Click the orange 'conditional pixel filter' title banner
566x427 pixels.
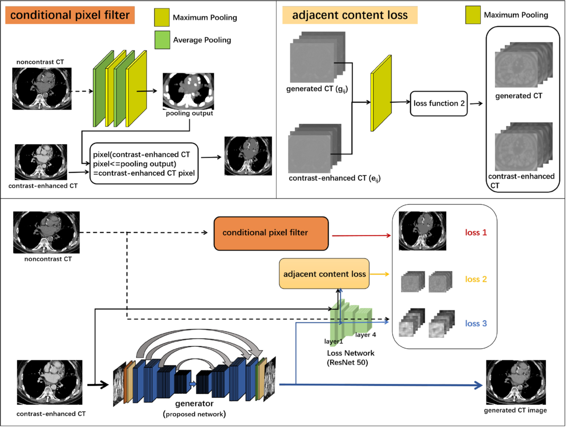pos(70,15)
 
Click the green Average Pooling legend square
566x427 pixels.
pos(162,40)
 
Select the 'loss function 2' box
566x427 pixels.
pos(439,103)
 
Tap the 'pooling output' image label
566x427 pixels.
pos(189,113)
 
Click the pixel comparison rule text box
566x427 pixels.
pos(144,163)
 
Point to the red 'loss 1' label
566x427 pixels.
pos(476,233)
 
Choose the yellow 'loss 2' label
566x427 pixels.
pos(476,279)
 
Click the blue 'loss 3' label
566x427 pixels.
pos(476,324)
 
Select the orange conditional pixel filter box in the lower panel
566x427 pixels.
pos(271,233)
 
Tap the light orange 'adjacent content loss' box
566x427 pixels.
pos(324,274)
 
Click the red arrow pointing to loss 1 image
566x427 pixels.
pos(361,236)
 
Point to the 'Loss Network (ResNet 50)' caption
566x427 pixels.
pos(350,358)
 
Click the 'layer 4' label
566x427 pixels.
pos(365,335)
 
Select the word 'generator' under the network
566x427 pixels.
pos(194,404)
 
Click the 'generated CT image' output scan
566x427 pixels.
pos(516,382)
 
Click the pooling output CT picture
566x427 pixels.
pos(188,91)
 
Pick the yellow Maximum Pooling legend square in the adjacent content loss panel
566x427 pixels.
pos(473,15)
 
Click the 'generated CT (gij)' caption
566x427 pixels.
pos(317,89)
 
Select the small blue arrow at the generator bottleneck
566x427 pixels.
pos(193,384)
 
